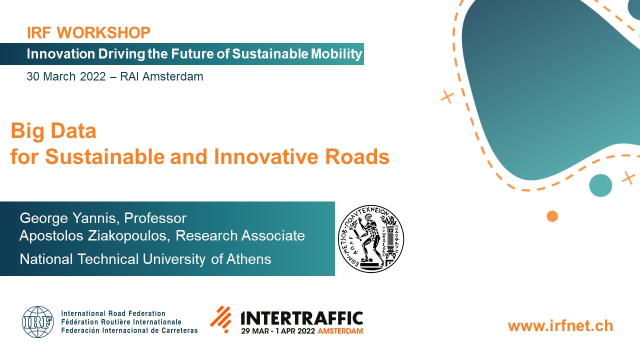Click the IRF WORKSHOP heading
[88, 32]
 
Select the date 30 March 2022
[66, 76]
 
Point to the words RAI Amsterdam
[161, 76]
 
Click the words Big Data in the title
[53, 131]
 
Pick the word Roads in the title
[357, 156]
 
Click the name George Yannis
[68, 218]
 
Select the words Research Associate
[240, 235]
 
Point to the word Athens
[249, 259]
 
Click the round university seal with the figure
[371, 238]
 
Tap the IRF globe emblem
[37, 322]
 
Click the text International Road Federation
[113, 313]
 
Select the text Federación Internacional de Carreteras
[129, 330]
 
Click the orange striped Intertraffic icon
[221, 319]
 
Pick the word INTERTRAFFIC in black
[301, 318]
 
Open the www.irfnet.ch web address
[560, 326]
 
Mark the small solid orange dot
[552, 216]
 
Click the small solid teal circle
[600, 185]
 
